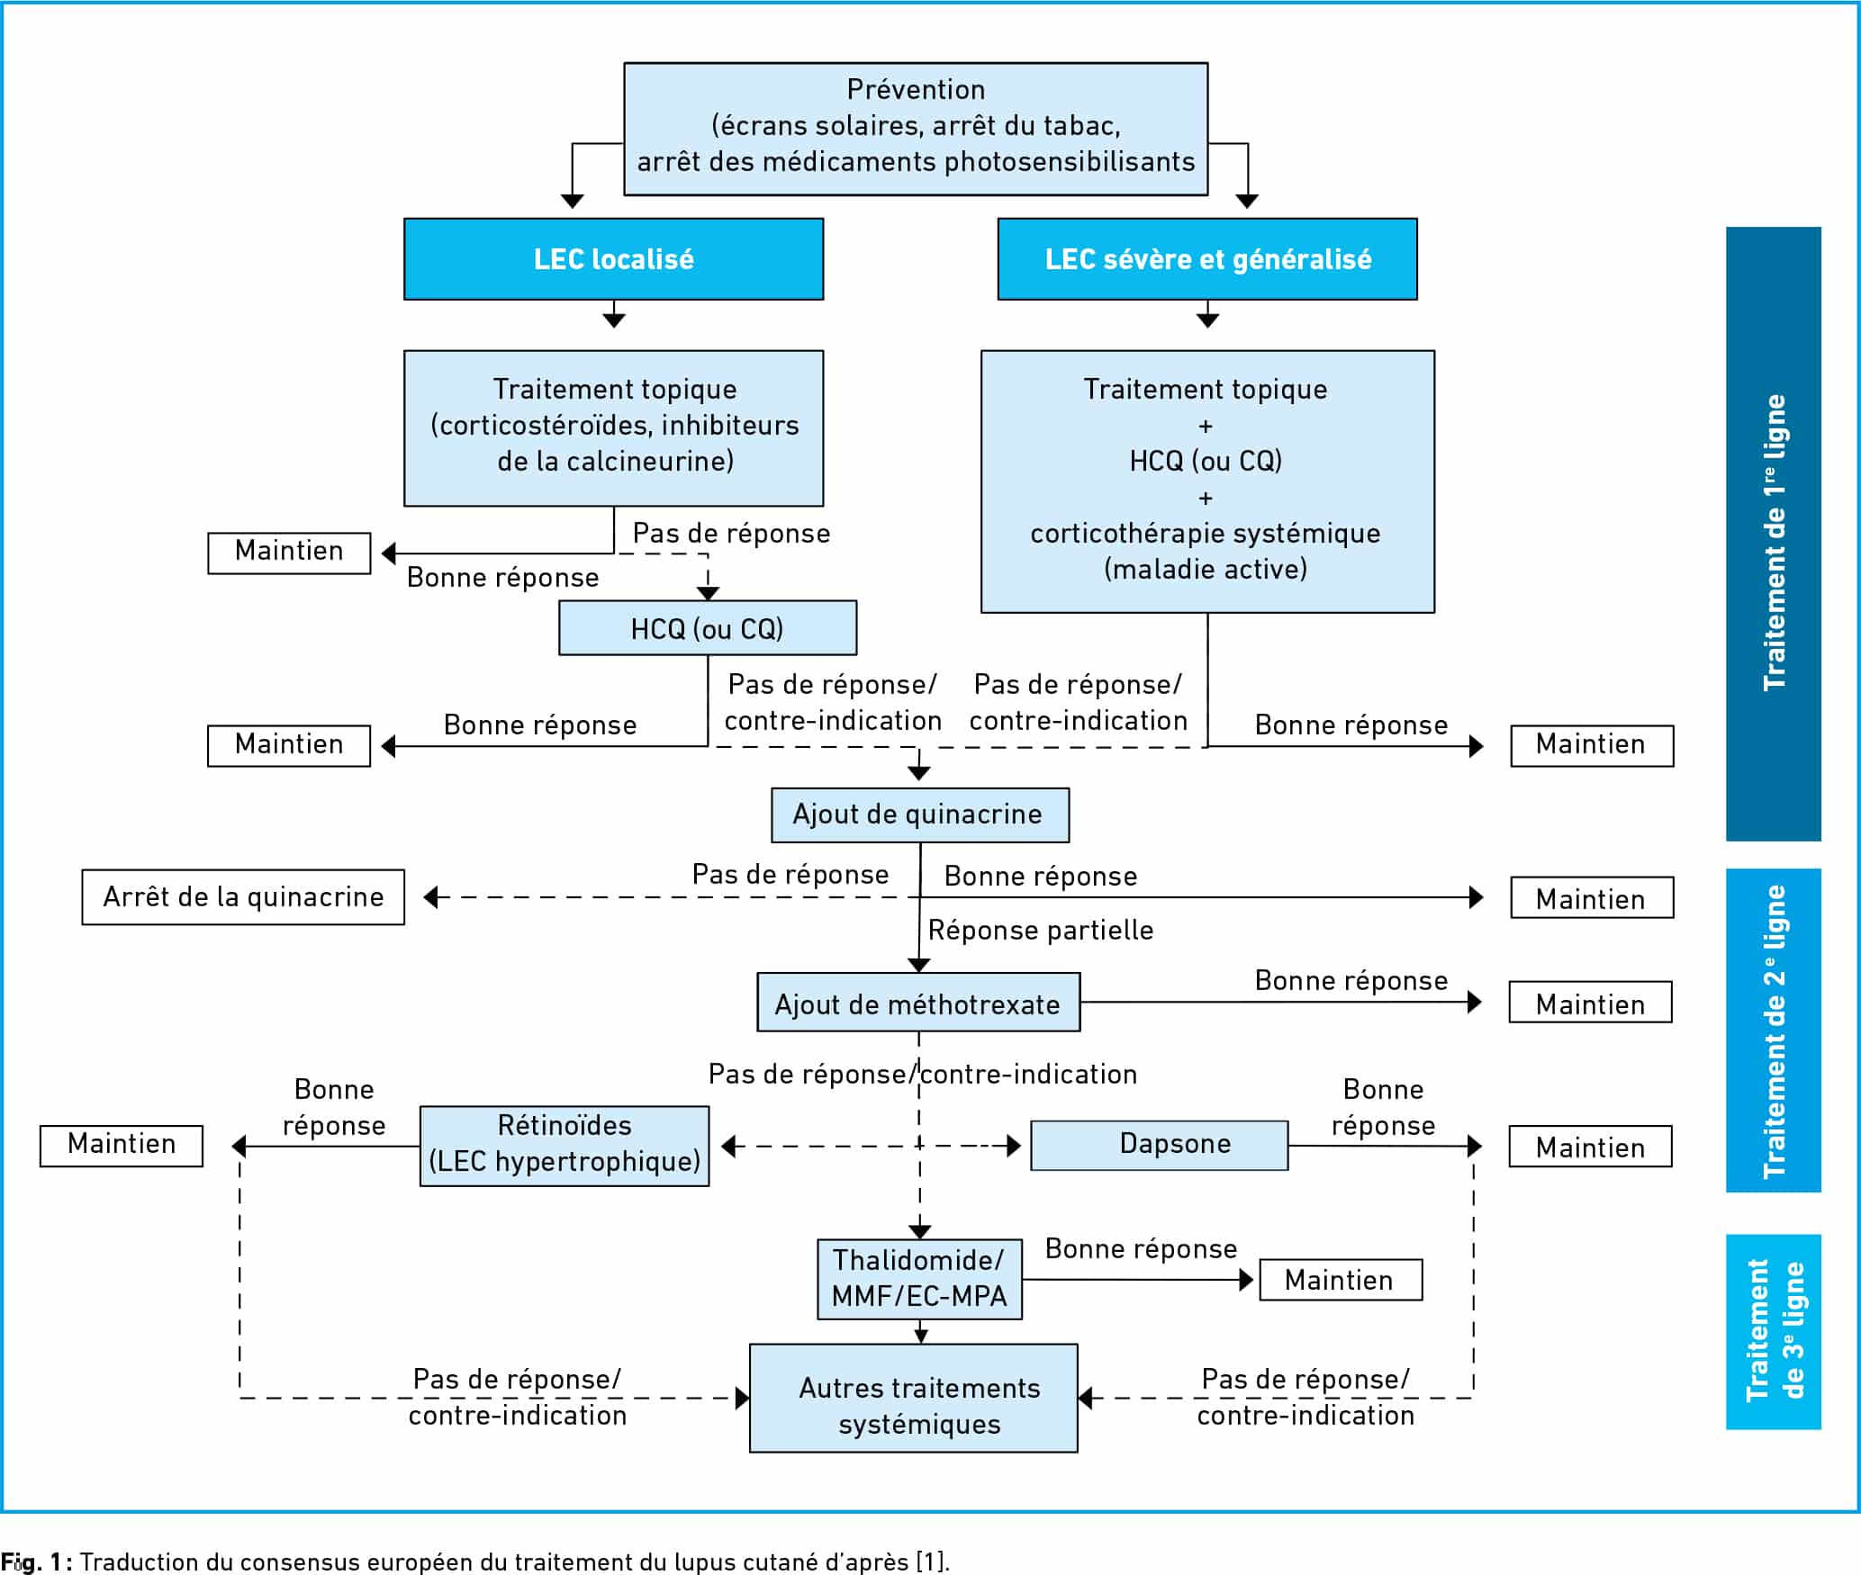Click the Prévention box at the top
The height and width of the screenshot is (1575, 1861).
pyautogui.click(x=916, y=129)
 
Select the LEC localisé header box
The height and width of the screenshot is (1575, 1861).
pyautogui.click(x=613, y=259)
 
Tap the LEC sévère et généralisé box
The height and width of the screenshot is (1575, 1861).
pyautogui.click(x=1207, y=259)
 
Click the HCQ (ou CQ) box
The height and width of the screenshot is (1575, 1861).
pyautogui.click(x=708, y=628)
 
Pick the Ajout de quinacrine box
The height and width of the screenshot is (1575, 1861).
pyautogui.click(x=920, y=815)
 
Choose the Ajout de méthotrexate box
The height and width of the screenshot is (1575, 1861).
pyautogui.click(x=918, y=1002)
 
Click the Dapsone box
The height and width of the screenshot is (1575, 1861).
pyautogui.click(x=1160, y=1145)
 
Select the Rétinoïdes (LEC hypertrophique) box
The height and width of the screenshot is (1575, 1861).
pyautogui.click(x=565, y=1146)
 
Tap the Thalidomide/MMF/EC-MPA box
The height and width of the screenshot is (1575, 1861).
pyautogui.click(x=919, y=1279)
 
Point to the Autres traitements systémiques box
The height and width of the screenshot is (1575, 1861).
pyautogui.click(x=914, y=1398)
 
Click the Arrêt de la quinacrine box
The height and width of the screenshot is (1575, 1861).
pyautogui.click(x=243, y=897)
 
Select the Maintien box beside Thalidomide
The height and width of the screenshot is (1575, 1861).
pyautogui.click(x=1341, y=1280)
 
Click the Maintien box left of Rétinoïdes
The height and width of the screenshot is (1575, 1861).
pyautogui.click(x=122, y=1146)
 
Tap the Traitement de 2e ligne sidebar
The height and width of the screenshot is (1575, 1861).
pyautogui.click(x=1773, y=1030)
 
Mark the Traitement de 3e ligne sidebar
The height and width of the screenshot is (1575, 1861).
pyautogui.click(x=1773, y=1332)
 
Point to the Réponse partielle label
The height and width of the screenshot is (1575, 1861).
pyautogui.click(x=1041, y=930)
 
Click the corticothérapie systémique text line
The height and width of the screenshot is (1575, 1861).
pyautogui.click(x=1206, y=533)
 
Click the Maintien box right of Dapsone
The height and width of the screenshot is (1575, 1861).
pyautogui.click(x=1591, y=1146)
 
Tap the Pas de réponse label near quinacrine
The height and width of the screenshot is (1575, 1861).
pyautogui.click(x=790, y=875)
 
